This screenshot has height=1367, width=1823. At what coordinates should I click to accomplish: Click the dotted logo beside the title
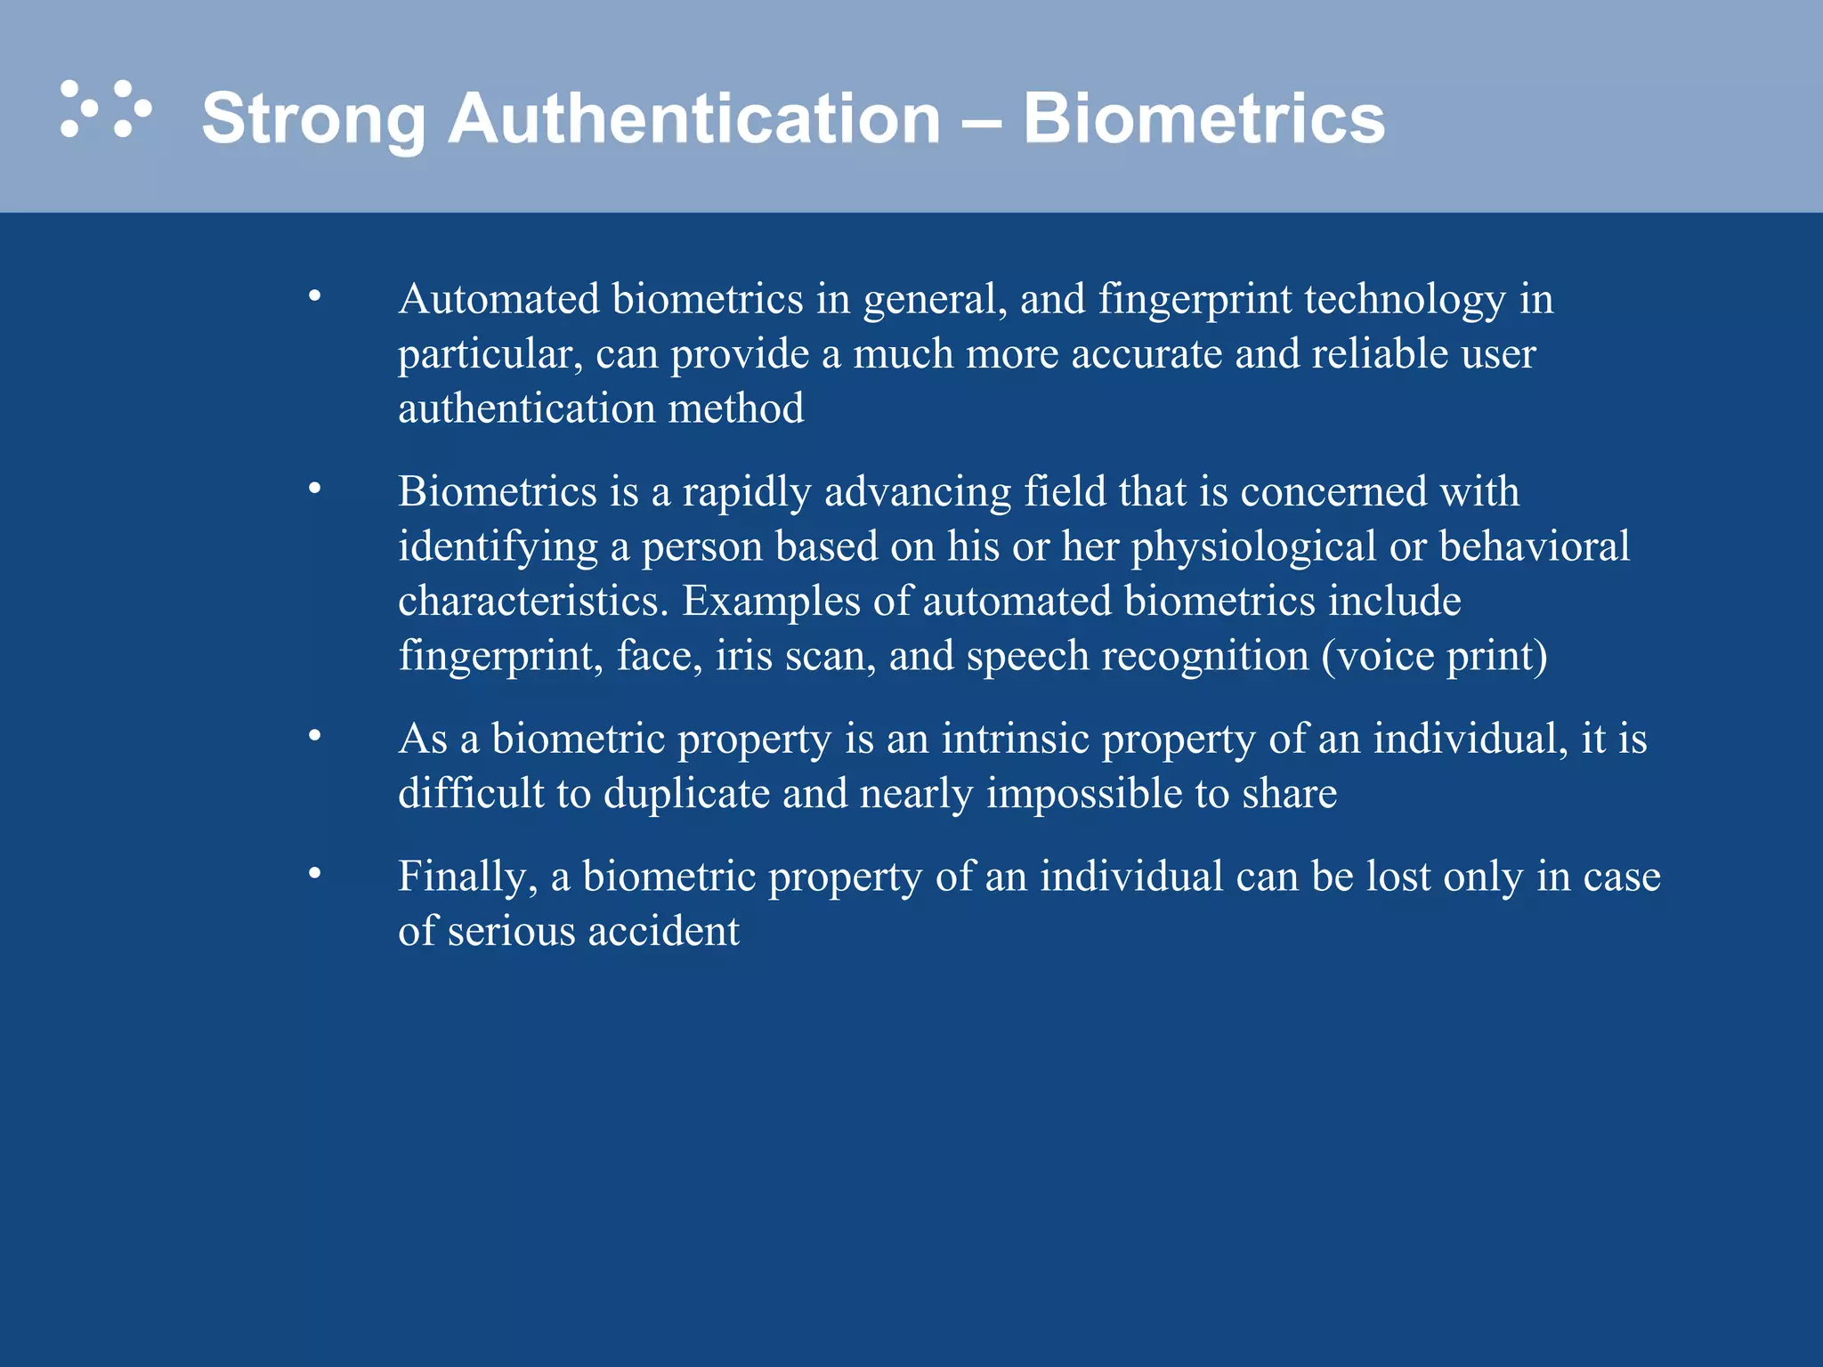click(105, 109)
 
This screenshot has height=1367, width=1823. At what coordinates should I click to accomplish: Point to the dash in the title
click(981, 120)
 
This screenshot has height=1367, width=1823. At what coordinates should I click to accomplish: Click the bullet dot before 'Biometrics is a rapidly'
click(314, 489)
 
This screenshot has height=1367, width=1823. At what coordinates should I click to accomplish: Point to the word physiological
click(1253, 546)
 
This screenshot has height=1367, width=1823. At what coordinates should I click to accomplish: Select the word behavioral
click(1535, 546)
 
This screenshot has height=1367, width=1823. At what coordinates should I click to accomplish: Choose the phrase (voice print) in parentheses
click(1434, 657)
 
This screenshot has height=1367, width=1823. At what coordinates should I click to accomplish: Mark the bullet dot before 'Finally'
click(314, 874)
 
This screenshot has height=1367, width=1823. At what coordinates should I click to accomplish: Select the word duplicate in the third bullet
click(686, 794)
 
